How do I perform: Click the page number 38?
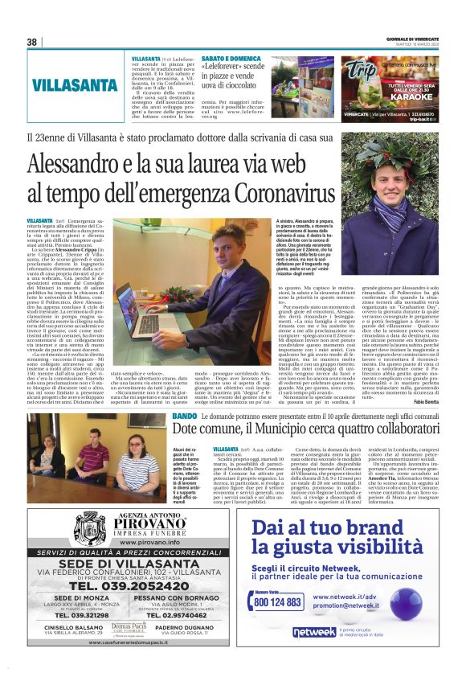point(33,42)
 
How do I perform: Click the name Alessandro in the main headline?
point(72,164)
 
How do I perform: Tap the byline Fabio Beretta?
point(427,401)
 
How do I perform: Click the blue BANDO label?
point(183,416)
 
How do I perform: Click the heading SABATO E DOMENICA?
point(231,59)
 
